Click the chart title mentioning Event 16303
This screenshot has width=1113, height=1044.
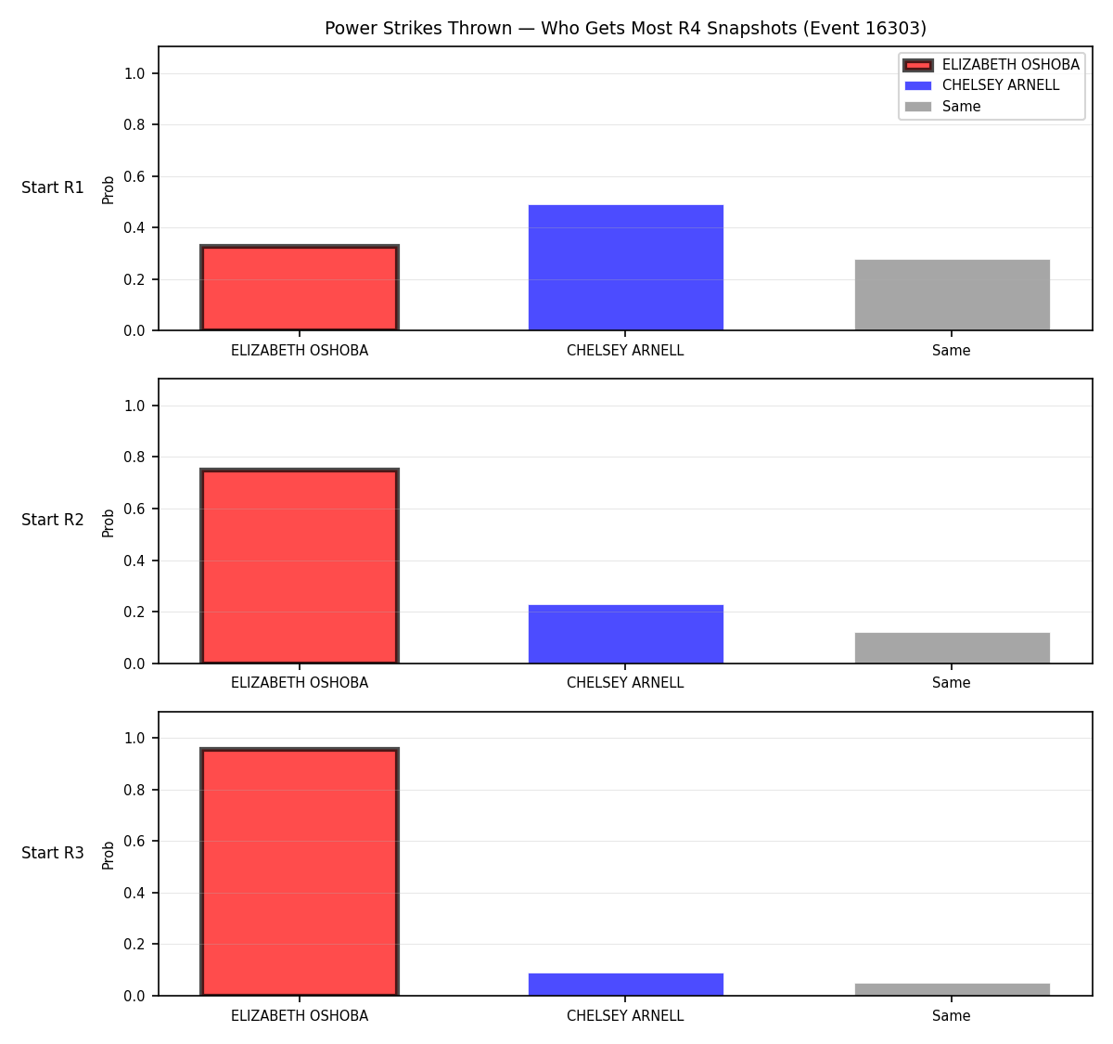click(x=625, y=28)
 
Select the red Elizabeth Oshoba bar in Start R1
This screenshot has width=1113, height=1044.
click(x=300, y=288)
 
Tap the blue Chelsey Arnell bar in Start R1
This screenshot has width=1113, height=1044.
click(x=625, y=267)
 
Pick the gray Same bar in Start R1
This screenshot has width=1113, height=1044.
click(x=952, y=295)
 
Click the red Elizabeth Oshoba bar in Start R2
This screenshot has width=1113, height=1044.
click(x=300, y=566)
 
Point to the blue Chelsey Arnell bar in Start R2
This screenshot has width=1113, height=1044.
click(x=625, y=634)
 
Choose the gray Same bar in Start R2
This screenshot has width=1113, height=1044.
click(x=952, y=648)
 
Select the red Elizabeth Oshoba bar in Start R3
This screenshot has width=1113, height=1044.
click(x=300, y=871)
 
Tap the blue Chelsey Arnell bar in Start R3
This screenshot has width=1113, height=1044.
click(x=625, y=985)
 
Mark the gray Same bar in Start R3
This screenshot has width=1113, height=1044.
click(x=952, y=989)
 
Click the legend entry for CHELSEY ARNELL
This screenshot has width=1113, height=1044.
click(x=981, y=85)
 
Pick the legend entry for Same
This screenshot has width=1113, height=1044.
click(x=942, y=107)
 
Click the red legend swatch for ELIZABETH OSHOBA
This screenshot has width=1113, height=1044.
click(x=918, y=65)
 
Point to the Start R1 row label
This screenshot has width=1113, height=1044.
click(x=53, y=187)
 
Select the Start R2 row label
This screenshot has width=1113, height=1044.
click(x=53, y=520)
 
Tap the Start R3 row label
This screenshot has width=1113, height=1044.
click(x=53, y=853)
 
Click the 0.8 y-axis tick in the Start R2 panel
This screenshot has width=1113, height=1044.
click(x=134, y=458)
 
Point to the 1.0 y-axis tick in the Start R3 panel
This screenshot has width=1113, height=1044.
click(x=134, y=739)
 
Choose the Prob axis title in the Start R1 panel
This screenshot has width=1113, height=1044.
click(x=108, y=190)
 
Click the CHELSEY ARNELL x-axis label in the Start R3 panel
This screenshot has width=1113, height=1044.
click(x=625, y=1016)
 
